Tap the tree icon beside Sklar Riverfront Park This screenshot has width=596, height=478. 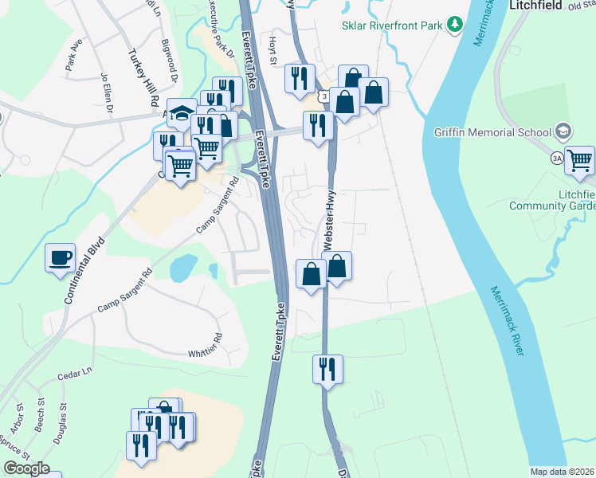point(455,25)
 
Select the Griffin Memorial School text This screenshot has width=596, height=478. point(492,132)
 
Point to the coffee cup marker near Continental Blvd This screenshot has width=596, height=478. point(61,259)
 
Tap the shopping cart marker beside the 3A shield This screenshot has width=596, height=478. point(579,161)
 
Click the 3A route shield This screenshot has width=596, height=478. point(558,159)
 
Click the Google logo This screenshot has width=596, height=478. point(26,468)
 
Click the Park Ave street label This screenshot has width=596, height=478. point(75,55)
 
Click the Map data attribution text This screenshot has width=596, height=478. point(563,472)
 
